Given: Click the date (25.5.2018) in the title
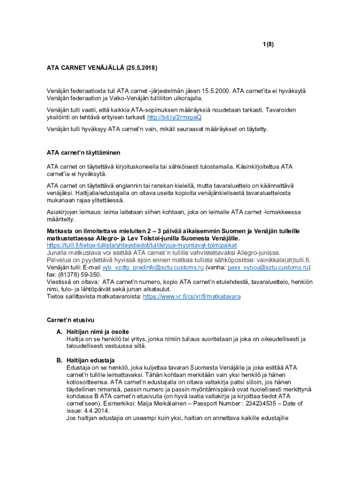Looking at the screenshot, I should coord(141,68).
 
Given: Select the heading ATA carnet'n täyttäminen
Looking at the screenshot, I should coord(83,152).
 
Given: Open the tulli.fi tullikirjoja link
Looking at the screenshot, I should coord(142,245).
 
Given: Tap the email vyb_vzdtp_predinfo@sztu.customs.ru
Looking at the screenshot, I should coord(153,268).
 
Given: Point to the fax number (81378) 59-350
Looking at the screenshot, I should coord(80,275).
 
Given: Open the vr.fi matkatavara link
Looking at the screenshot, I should coord(192,297).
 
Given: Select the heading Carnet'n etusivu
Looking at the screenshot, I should coord(71,320).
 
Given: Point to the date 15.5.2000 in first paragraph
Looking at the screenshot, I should coord(216,91).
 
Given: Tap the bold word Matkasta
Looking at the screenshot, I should coord(61,232).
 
